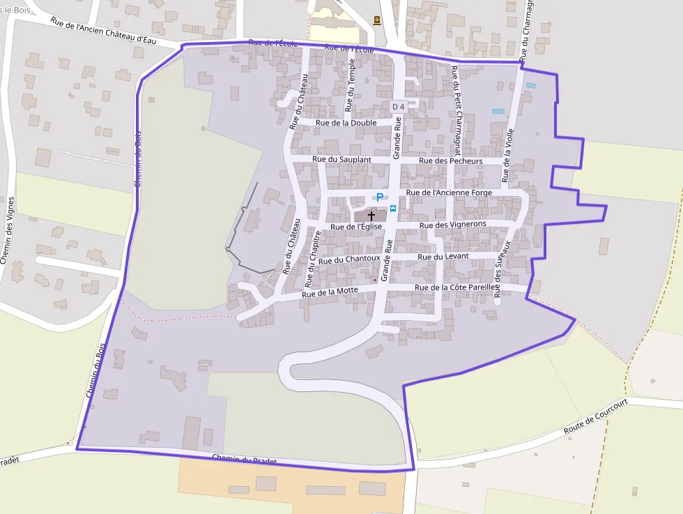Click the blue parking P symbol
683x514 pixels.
tap(380, 197)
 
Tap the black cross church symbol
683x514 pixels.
tap(371, 216)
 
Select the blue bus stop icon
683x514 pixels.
tap(393, 208)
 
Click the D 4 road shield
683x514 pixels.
tap(398, 107)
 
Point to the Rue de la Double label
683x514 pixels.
tap(346, 123)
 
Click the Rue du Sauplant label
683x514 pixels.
tap(341, 160)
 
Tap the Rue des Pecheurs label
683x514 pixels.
tap(451, 161)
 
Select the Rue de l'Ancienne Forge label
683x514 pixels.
tap(449, 192)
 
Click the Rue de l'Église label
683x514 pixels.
tap(356, 226)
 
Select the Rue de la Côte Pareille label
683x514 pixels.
tap(456, 287)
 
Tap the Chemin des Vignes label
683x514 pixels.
tap(8, 230)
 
